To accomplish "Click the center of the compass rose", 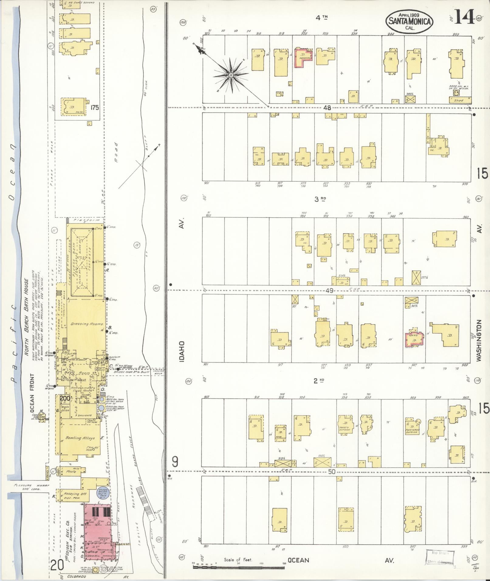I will point(231,75).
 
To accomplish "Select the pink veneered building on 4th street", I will point(303,57).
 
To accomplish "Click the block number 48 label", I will point(327,108).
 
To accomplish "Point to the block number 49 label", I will point(329,291).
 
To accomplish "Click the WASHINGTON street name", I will point(480,340).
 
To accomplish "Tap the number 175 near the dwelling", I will point(94,108).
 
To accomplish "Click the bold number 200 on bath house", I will point(64,398).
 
